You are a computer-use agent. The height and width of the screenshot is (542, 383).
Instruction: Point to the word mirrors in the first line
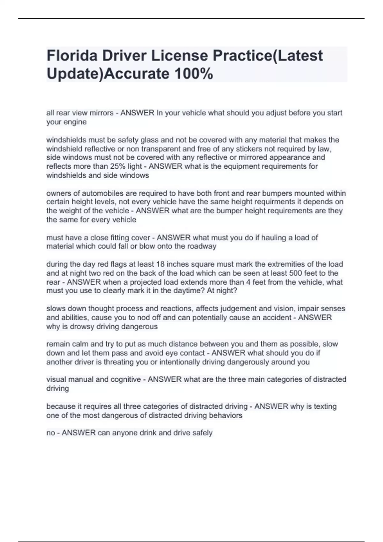(x=101, y=113)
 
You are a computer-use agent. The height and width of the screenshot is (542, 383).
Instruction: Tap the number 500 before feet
(x=295, y=273)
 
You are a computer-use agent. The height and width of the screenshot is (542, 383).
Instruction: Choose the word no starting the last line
(x=50, y=433)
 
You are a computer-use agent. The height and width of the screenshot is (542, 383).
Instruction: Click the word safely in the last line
(x=202, y=433)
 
